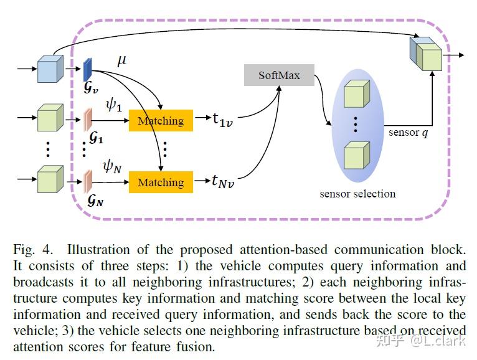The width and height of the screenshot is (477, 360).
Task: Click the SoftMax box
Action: [x=280, y=75]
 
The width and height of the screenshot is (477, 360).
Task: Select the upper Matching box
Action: [x=161, y=120]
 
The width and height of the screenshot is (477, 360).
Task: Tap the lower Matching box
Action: [x=161, y=182]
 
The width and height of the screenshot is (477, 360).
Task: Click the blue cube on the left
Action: [x=50, y=69]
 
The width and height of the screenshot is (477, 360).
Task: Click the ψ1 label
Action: [x=113, y=105]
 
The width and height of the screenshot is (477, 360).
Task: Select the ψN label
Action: [x=114, y=166]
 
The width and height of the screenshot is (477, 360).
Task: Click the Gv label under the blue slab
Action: [x=91, y=88]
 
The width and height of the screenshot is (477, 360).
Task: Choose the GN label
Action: [x=95, y=201]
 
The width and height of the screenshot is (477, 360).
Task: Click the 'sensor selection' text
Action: [x=357, y=194]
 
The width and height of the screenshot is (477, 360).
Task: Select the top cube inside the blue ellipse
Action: [x=356, y=94]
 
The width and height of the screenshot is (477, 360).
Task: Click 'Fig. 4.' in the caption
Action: [x=31, y=250]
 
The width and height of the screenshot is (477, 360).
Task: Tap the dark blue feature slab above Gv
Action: [x=88, y=69]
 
